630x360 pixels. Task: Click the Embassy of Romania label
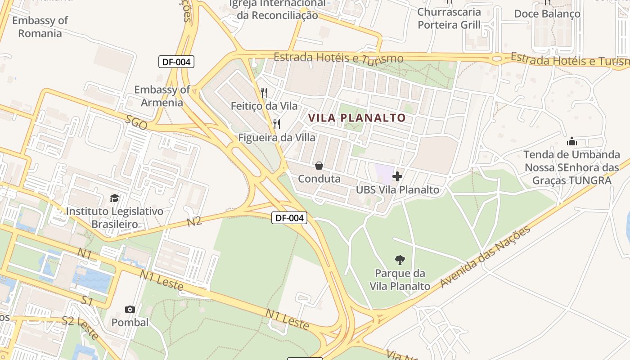point(40,27)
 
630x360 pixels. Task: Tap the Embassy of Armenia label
point(162,96)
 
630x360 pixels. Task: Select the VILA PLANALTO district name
point(357,118)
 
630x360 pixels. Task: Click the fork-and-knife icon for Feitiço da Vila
point(264,93)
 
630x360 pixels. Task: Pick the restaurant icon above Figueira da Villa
point(277,124)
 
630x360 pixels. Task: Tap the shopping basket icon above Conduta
point(319,166)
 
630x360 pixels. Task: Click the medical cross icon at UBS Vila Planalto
point(397,176)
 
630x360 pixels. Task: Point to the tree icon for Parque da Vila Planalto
point(400,260)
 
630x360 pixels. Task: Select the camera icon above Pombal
point(130,309)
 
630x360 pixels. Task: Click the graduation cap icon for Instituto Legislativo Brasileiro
point(115,198)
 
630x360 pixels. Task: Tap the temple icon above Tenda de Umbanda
point(572,141)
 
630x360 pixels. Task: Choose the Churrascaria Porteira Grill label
point(449,18)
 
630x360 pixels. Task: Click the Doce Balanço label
point(547,14)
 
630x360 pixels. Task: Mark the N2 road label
point(194,221)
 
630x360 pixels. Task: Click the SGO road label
point(136,122)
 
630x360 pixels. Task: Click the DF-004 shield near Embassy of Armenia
point(176,62)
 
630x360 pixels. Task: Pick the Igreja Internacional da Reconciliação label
point(277,9)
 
